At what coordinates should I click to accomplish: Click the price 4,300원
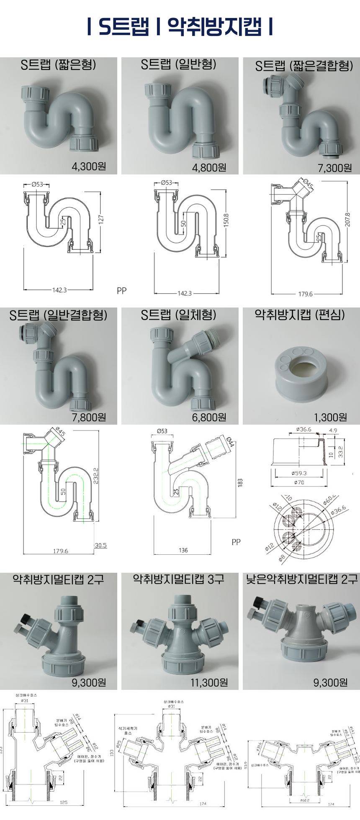click(89, 167)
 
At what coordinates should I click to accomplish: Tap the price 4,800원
click(209, 168)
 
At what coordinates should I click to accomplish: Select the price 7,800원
click(89, 417)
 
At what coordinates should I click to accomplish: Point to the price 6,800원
click(209, 417)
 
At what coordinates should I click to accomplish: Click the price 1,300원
click(330, 417)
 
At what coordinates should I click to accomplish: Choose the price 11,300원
click(209, 683)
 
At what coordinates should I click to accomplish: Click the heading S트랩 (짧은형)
click(58, 65)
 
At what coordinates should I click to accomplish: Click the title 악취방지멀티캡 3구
click(179, 579)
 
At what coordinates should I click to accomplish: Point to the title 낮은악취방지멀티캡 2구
click(302, 579)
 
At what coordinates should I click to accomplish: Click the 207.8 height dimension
click(347, 220)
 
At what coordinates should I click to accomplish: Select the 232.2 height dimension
click(96, 476)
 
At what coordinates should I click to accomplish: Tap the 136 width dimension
click(183, 550)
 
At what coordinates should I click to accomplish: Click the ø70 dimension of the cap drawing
click(299, 482)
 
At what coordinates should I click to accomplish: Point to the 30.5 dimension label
click(100, 545)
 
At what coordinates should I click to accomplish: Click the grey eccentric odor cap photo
click(301, 374)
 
